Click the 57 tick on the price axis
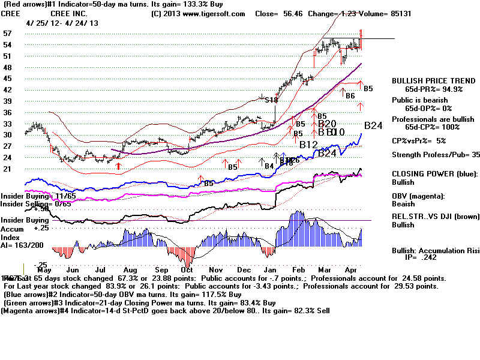tap(8, 34)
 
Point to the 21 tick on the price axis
tap(8, 169)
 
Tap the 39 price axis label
tap(8, 101)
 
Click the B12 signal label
tap(308, 144)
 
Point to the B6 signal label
tap(350, 95)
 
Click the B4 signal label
tap(269, 166)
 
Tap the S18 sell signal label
tap(271, 100)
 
